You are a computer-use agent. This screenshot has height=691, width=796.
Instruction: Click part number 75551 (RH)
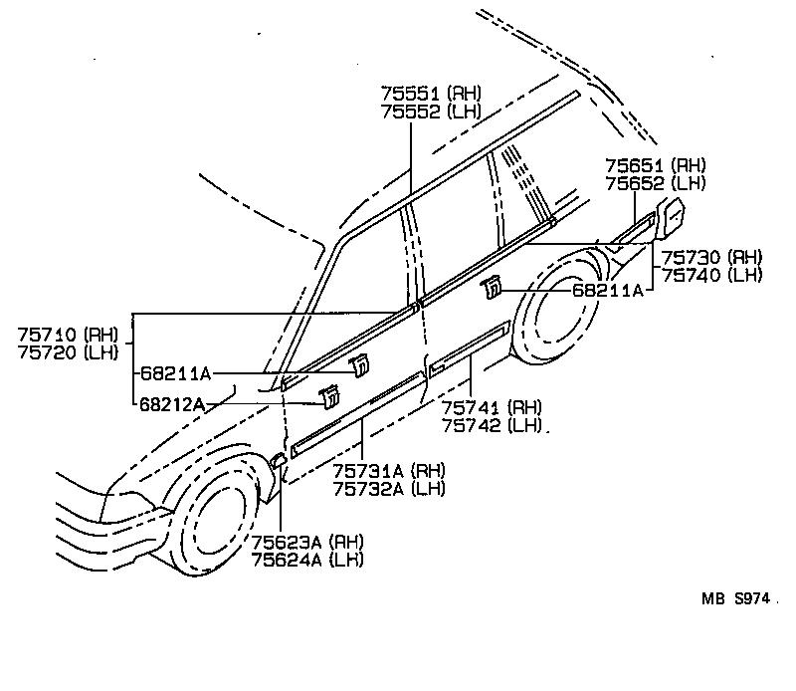pos(428,93)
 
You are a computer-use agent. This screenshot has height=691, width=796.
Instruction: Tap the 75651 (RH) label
pos(655,166)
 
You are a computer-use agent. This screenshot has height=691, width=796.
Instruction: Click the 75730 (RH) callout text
pos(711,256)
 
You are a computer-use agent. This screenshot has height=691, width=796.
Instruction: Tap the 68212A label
pos(172,403)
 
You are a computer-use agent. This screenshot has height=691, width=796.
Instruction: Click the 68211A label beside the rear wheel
pos(607,290)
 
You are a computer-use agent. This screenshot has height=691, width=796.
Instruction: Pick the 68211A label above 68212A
pos(175,373)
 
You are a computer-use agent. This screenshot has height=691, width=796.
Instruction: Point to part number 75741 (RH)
pos(492,407)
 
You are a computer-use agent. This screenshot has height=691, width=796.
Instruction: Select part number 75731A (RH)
pos(388,471)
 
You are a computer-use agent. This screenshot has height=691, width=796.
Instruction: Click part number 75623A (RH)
pos(306,542)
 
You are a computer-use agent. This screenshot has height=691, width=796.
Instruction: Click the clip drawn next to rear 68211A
pos(491,290)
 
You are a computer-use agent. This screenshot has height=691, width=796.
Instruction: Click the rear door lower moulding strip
pos(469,348)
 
